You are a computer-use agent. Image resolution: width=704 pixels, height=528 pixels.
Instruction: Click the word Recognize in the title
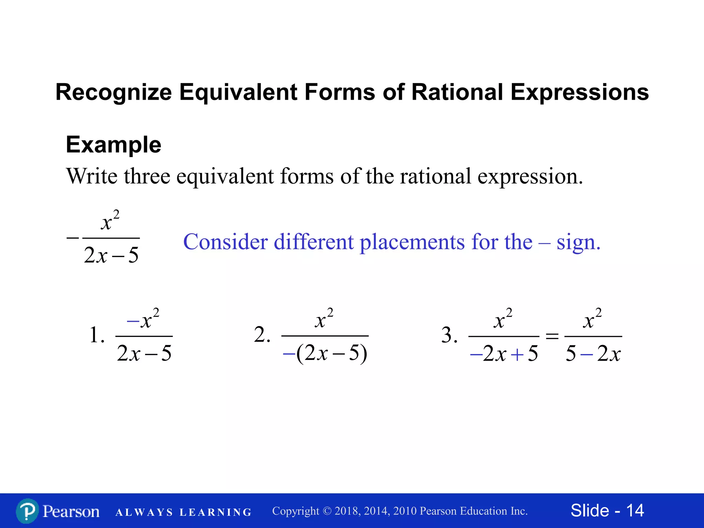pyautogui.click(x=113, y=93)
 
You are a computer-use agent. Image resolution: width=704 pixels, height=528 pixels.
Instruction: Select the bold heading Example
pyautogui.click(x=113, y=145)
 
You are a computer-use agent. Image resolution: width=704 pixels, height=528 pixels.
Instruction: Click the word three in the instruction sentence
pyautogui.click(x=147, y=176)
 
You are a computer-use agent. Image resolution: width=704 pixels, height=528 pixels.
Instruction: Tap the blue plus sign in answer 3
pyautogui.click(x=517, y=354)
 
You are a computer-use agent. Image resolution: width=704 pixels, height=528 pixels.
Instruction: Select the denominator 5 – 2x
pyautogui.click(x=593, y=353)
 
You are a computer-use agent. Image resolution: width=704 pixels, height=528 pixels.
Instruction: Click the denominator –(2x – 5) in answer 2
pyautogui.click(x=325, y=353)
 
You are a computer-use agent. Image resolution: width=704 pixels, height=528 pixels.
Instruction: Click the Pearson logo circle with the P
pyautogui.click(x=27, y=511)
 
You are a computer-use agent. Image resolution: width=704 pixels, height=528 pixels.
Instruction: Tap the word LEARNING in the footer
pyautogui.click(x=216, y=513)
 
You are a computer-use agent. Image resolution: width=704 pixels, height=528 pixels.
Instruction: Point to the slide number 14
pyautogui.click(x=635, y=510)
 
